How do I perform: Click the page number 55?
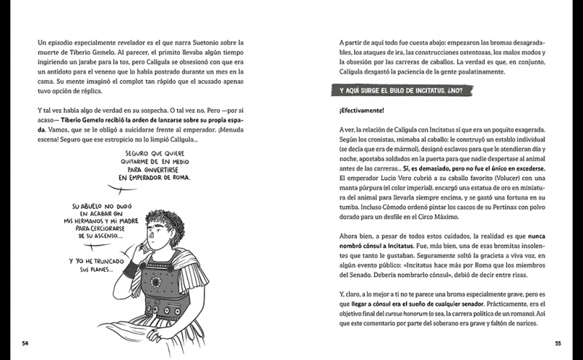(x=557, y=343)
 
